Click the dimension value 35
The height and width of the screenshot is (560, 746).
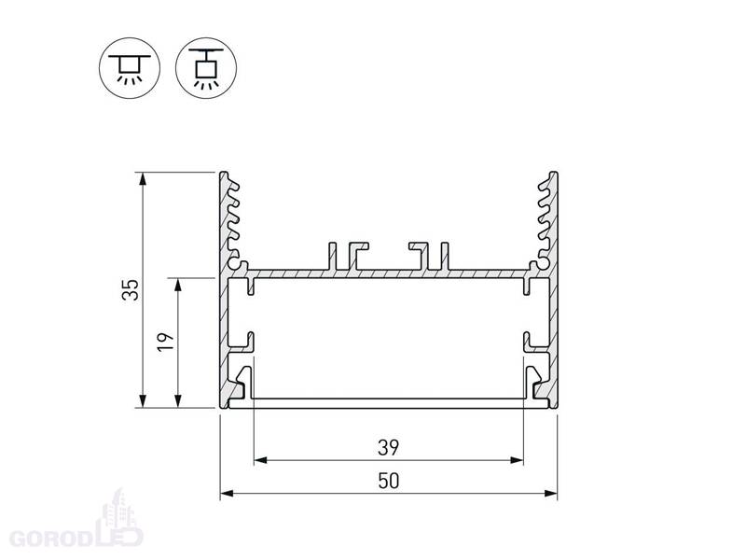(131, 289)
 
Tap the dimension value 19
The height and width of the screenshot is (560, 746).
(166, 343)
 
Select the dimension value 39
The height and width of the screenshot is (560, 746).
(388, 448)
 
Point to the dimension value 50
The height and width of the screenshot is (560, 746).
(388, 481)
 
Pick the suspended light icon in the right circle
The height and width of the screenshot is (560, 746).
(205, 68)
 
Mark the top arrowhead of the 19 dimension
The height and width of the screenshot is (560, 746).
(178, 285)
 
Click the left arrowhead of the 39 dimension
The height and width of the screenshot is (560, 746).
(260, 460)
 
